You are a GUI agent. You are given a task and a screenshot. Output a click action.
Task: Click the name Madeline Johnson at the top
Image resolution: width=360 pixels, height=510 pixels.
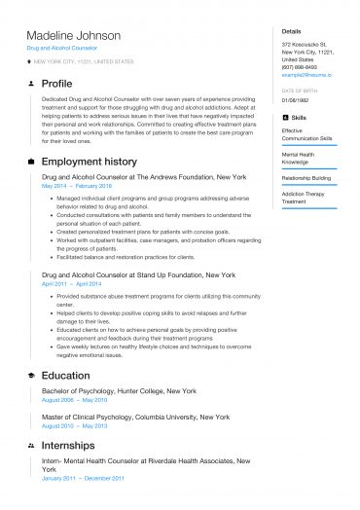pos(74,36)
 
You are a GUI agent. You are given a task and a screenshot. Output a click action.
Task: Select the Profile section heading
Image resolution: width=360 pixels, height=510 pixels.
pos(57,84)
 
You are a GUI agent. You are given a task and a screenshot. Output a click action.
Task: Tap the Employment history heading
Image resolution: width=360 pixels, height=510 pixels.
pos(89,161)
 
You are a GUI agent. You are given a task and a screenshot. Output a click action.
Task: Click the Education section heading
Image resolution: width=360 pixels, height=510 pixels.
pos(65,375)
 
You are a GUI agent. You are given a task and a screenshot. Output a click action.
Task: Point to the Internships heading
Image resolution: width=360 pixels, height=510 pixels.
pos(68,445)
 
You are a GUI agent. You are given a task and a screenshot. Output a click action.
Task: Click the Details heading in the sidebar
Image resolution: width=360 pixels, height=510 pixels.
pos(291,31)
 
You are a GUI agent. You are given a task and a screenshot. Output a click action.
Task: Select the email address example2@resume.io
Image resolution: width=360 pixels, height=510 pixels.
pos(306,74)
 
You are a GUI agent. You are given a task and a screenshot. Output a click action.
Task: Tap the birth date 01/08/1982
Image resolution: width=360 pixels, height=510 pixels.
pos(296,99)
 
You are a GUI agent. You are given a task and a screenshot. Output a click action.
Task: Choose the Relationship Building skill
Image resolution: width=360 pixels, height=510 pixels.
pos(306,178)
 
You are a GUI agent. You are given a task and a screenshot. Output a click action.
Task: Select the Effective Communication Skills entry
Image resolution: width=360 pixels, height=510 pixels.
pos(306,133)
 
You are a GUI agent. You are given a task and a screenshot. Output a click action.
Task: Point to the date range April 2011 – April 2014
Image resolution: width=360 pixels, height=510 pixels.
pos(71,283)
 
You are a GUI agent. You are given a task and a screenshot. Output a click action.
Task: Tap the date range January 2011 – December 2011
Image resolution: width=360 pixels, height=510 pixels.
pos(83,478)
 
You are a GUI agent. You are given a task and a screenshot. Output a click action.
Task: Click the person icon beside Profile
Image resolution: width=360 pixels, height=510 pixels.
pos(32,84)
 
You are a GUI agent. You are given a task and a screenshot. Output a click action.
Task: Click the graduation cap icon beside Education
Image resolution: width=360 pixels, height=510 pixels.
pos(32,375)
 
